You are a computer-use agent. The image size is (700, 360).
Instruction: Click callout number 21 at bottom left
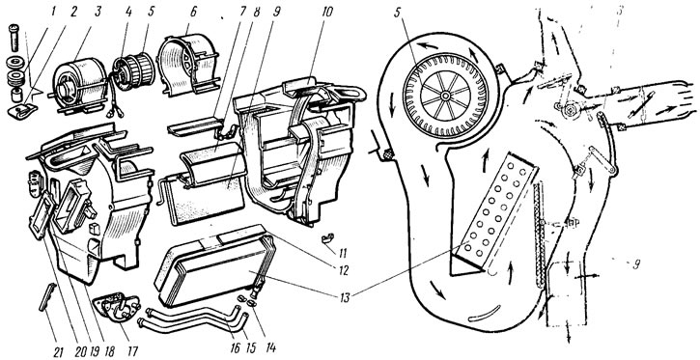58,351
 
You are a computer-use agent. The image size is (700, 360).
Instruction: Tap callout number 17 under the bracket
132,350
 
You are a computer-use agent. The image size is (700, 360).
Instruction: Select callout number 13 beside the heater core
344,296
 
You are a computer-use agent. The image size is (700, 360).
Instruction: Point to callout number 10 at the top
326,12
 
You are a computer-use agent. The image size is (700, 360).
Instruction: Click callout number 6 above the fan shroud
193,11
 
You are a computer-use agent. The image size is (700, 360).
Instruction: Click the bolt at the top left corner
14,37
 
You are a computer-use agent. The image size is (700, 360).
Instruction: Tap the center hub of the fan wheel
445,96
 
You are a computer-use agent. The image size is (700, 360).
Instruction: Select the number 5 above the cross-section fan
398,12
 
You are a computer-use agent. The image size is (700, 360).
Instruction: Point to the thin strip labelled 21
48,295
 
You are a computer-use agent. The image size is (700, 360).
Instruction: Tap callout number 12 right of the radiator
344,270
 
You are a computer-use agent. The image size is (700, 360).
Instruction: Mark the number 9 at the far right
635,264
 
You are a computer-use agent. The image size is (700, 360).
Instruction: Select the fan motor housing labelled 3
80,86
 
